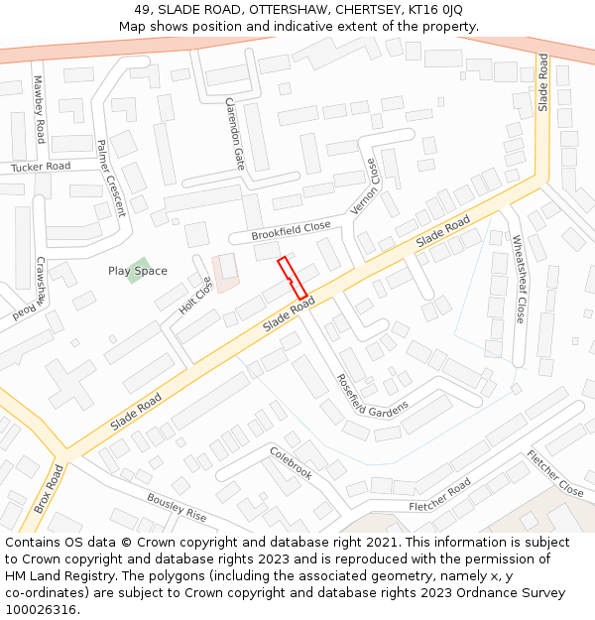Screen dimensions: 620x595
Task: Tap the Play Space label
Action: click(138, 271)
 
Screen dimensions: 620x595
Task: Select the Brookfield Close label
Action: click(291, 230)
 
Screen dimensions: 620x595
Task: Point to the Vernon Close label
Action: click(365, 186)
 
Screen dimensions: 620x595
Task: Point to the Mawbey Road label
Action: click(39, 109)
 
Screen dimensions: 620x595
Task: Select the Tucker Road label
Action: click(41, 168)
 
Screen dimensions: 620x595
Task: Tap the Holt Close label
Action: click(195, 295)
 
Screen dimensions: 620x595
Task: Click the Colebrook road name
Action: click(291, 463)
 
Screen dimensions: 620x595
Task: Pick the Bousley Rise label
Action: click(177, 507)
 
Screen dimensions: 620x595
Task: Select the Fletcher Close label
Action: click(555, 473)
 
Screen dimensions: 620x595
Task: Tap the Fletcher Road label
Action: click(439, 497)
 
